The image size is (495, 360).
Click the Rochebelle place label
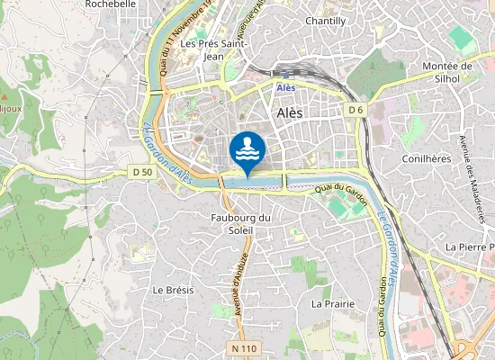click(x=110, y=4)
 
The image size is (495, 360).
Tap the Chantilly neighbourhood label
click(x=325, y=21)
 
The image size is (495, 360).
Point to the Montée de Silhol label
click(x=454, y=72)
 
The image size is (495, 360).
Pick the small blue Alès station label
click(x=286, y=87)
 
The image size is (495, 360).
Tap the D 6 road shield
click(x=356, y=110)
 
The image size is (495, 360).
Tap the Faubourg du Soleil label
click(x=239, y=224)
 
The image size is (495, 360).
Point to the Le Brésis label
click(x=168, y=290)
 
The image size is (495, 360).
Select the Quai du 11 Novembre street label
click(x=171, y=40)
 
